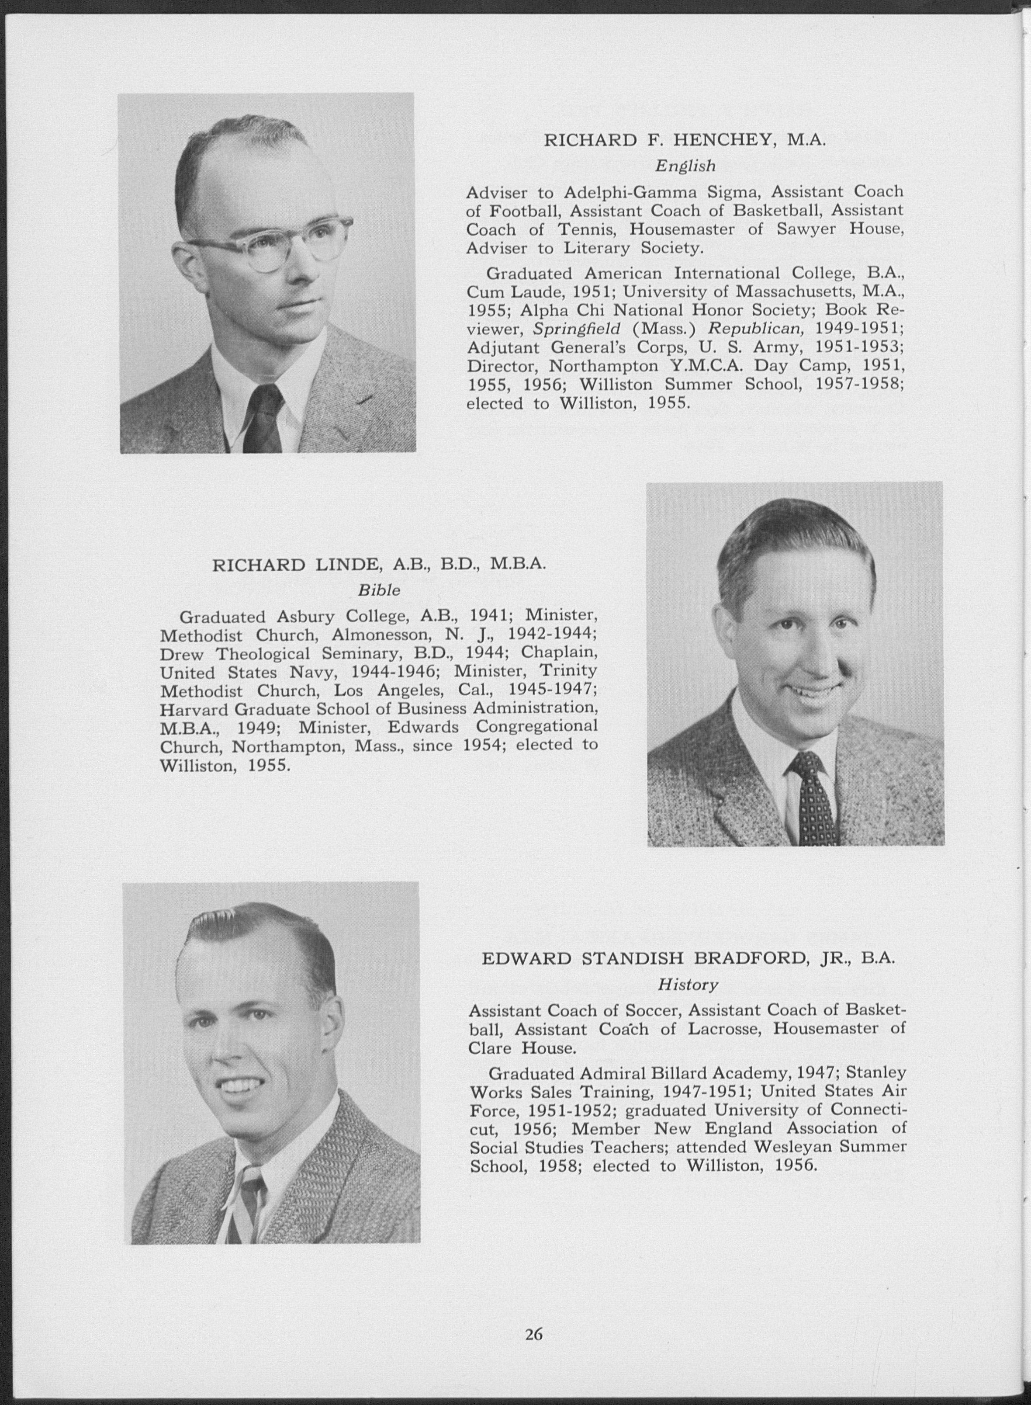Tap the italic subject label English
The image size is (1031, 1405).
685,166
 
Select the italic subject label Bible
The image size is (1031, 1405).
378,590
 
